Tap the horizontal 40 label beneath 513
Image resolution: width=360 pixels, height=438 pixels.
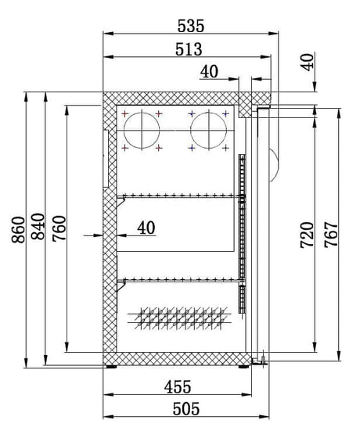pos(209,71)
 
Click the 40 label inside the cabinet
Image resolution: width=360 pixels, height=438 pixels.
pos(146,228)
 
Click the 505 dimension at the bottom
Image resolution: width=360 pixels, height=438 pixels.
pos(185,407)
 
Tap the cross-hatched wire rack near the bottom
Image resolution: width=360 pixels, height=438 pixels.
pos(179,316)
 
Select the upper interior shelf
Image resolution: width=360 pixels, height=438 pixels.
pos(178,195)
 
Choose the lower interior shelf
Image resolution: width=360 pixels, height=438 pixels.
pos(178,278)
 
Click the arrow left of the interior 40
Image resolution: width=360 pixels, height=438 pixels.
pos(99,233)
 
